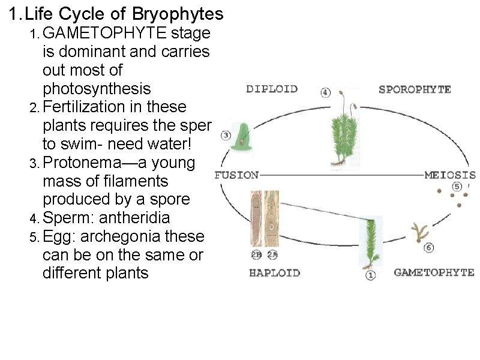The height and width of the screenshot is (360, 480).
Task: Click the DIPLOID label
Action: tap(272, 89)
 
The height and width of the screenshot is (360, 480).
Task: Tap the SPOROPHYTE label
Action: tap(415, 89)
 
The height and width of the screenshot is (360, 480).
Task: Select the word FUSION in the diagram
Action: tap(236, 176)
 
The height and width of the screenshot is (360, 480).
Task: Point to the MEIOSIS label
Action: tap(449, 176)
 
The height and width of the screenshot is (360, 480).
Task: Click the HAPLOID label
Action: tap(274, 273)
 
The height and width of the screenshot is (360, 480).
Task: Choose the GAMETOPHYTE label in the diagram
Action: tap(433, 272)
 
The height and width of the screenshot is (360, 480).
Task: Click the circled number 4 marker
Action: tap(325, 92)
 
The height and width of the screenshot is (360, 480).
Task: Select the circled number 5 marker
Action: tap(457, 187)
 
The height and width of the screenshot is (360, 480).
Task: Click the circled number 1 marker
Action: tap(370, 275)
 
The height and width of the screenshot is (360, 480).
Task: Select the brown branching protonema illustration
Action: tap(418, 231)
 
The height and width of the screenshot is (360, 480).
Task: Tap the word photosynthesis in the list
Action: tap(97, 89)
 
